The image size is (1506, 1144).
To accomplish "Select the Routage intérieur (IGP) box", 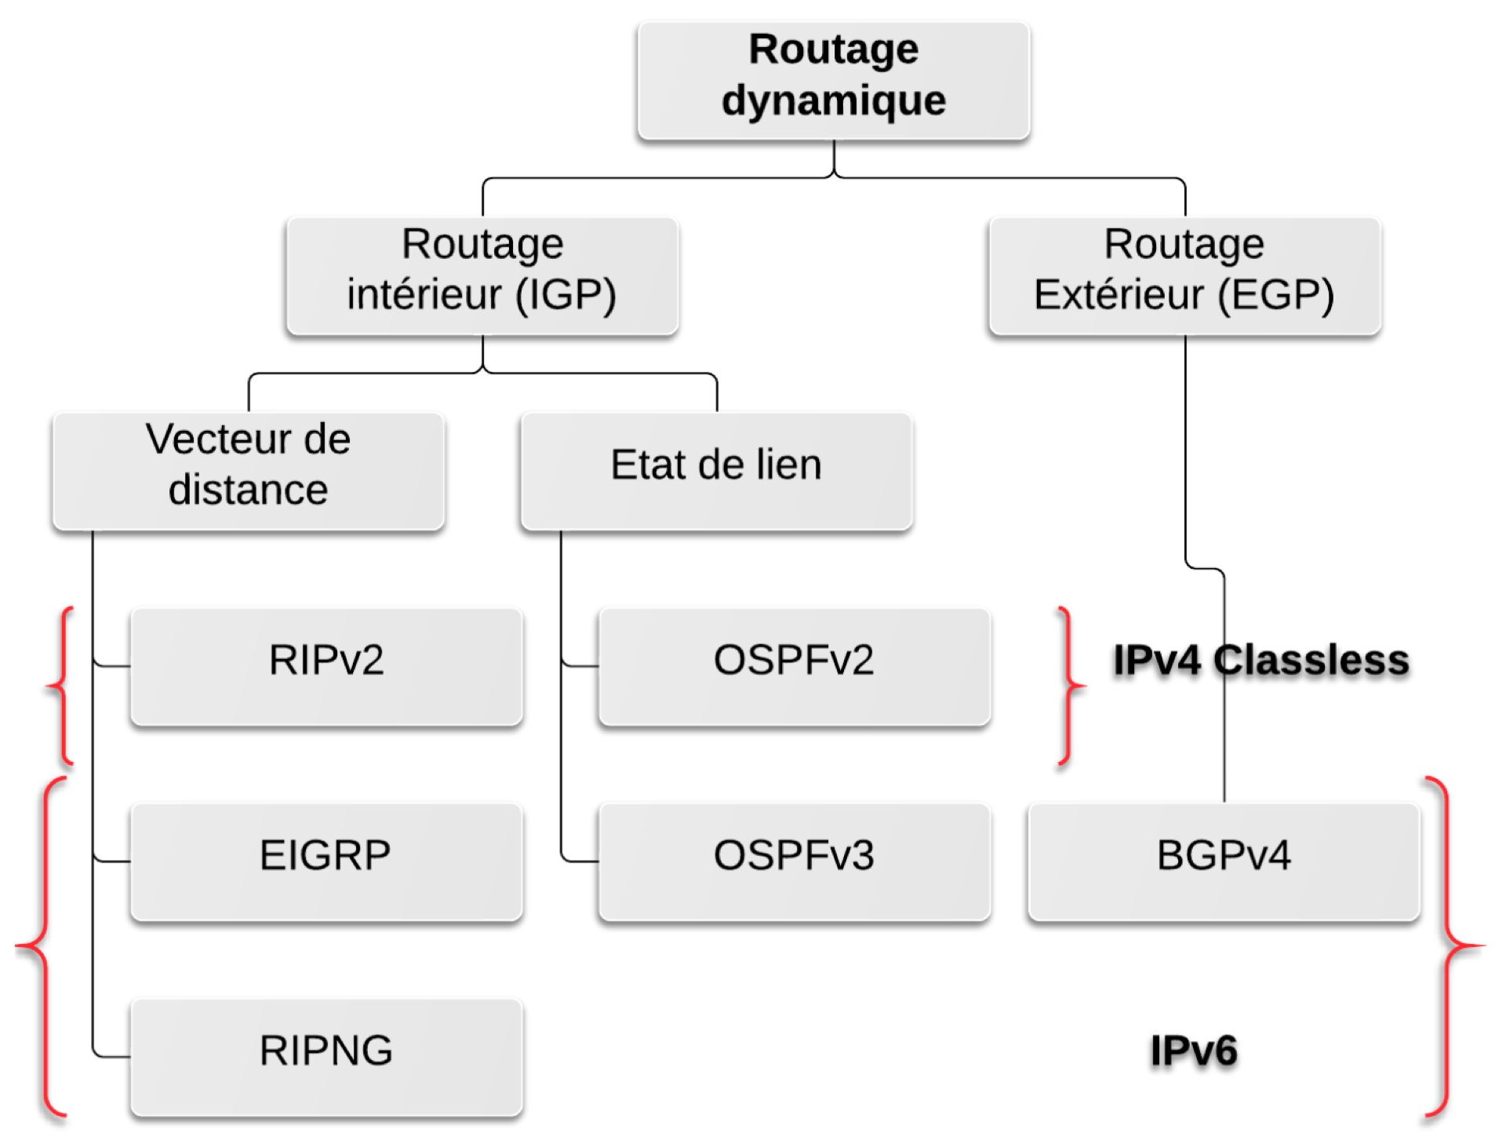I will [482, 275].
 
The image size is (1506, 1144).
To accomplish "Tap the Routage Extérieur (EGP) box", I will [1184, 275].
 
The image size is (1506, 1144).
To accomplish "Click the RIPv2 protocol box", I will [326, 666].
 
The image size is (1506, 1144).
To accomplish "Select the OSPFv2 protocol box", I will [794, 666].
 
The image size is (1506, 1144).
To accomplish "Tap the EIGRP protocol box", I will [326, 862].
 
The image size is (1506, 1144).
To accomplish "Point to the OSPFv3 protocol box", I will [794, 862].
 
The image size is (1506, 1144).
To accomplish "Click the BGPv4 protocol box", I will [1224, 862].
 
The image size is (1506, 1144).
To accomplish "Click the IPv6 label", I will [1193, 1051].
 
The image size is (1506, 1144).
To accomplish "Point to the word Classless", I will [1311, 660].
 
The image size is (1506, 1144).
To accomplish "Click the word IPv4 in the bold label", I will [1157, 660].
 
